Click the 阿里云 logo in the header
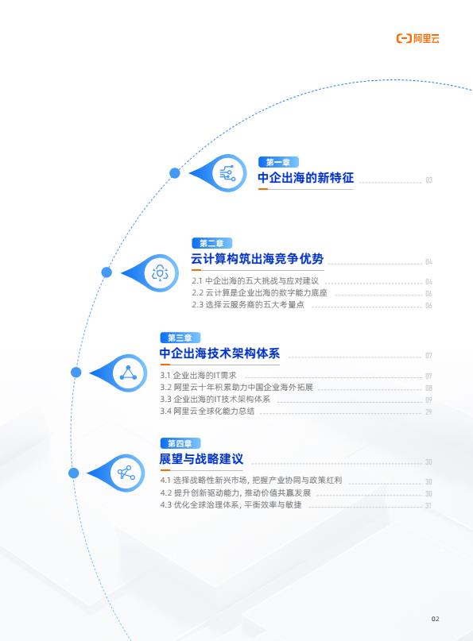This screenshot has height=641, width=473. [x=418, y=38]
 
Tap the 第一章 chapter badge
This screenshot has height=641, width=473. [x=278, y=162]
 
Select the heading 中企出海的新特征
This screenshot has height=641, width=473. [x=305, y=178]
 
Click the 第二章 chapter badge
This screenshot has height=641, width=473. [x=212, y=243]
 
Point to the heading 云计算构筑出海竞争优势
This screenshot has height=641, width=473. [x=258, y=259]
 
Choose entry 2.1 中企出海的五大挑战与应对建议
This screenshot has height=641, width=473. [x=255, y=281]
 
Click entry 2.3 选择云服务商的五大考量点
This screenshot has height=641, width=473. [x=248, y=304]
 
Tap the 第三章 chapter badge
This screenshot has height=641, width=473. [x=180, y=338]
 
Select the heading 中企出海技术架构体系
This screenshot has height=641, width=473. [x=219, y=353]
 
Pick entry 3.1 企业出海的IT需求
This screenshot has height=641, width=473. [x=199, y=375]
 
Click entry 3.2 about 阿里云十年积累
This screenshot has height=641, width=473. [x=237, y=387]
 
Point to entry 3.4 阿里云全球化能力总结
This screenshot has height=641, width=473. [x=207, y=411]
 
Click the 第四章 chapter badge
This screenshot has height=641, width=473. [x=180, y=443]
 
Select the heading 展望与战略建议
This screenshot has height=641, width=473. [x=201, y=458]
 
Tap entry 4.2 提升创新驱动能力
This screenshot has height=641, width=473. [x=235, y=492]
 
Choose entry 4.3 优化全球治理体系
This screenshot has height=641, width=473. [x=231, y=504]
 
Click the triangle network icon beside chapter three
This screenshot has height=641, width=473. [x=129, y=373]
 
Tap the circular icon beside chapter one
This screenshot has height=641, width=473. [x=228, y=173]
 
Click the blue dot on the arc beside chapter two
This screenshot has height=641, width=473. [x=107, y=272]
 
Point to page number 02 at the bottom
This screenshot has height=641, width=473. [x=436, y=619]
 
